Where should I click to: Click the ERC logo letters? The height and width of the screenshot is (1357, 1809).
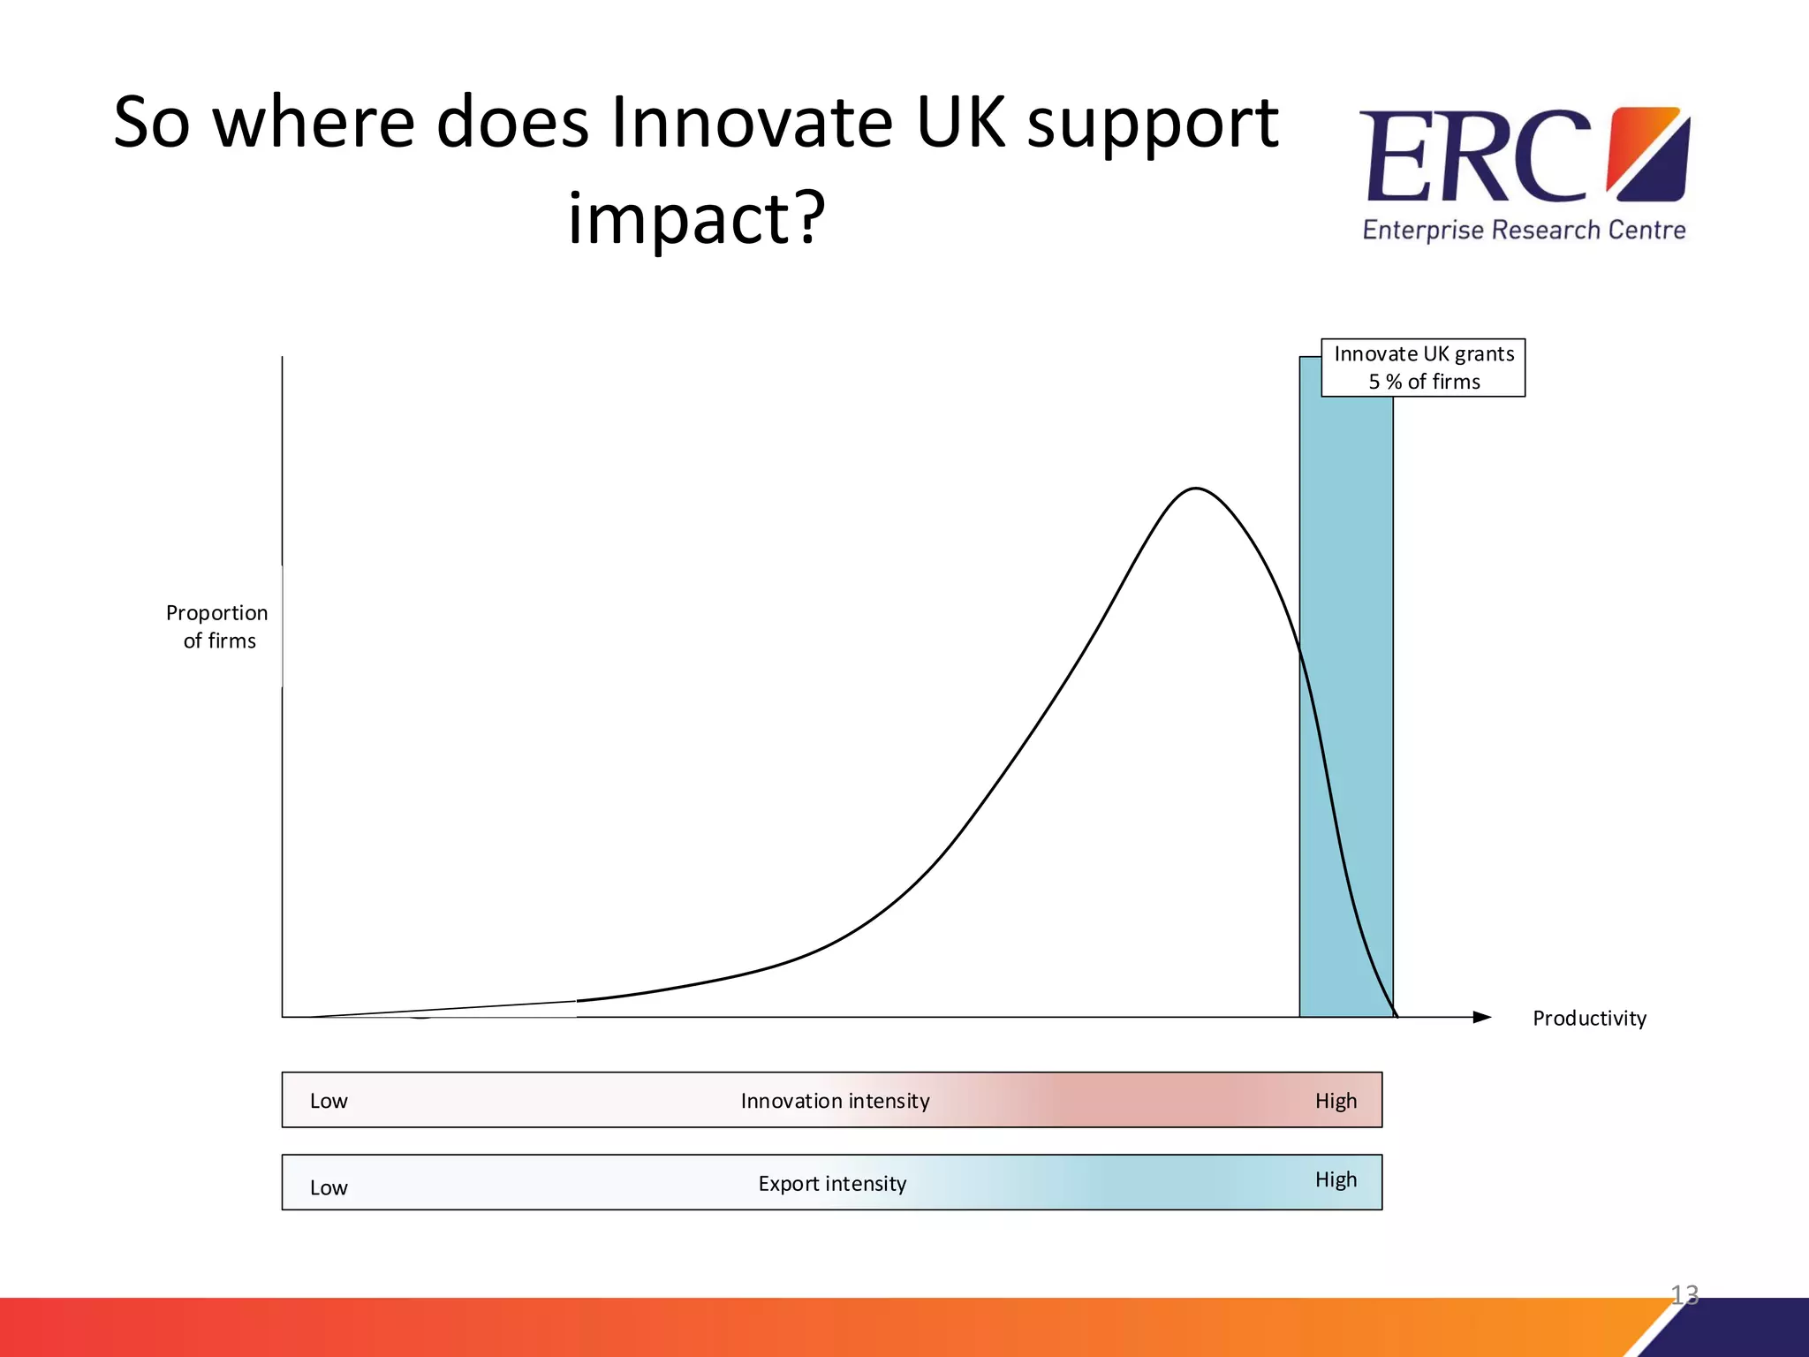tap(1475, 157)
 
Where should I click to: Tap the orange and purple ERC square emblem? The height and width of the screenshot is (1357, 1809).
tap(1648, 154)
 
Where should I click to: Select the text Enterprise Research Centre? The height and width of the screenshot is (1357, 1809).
tap(1524, 230)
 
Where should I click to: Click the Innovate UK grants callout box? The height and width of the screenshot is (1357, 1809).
tap(1423, 368)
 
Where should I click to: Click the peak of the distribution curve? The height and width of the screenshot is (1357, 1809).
tap(1195, 489)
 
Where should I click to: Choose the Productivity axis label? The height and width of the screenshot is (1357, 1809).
tap(1589, 1018)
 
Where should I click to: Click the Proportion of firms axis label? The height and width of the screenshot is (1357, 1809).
tap(217, 626)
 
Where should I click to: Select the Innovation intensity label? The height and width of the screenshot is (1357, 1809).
tap(835, 1101)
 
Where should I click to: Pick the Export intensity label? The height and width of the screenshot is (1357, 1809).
tap(832, 1184)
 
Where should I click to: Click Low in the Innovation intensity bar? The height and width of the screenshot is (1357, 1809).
tap(329, 1101)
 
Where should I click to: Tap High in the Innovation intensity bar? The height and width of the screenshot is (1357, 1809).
tap(1336, 1101)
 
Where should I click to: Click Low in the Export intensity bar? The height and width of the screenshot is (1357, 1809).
tap(329, 1187)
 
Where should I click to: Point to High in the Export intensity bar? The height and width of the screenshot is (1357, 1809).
tap(1336, 1179)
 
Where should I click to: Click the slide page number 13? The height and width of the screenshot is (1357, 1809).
tap(1684, 1294)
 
